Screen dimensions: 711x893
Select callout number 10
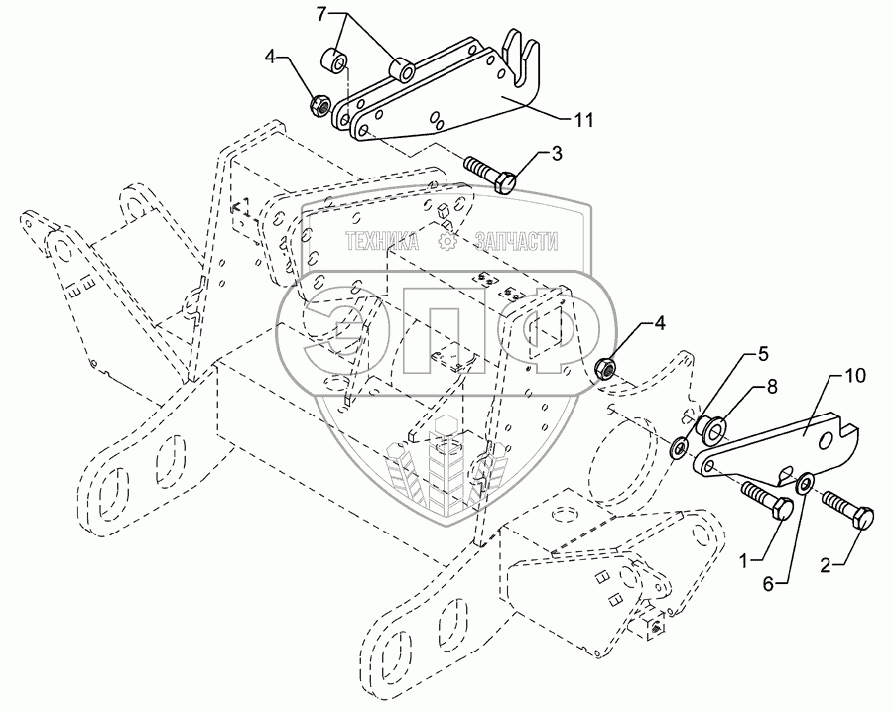click(854, 376)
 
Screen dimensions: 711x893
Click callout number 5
click(763, 352)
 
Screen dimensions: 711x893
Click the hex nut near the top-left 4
click(320, 102)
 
